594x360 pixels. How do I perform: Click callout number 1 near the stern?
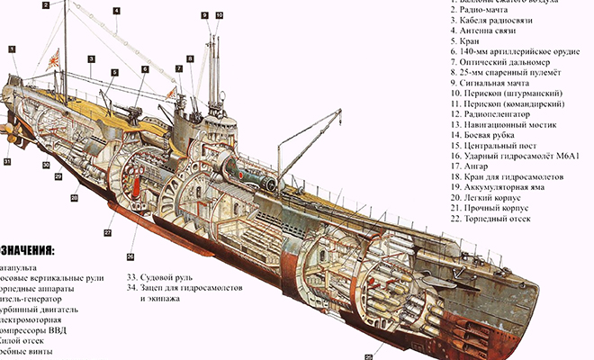tap(13, 47)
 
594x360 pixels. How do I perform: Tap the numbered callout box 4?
tap(116, 12)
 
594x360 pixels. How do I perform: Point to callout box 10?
tap(220, 15)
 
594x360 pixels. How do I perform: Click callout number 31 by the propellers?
tap(6, 161)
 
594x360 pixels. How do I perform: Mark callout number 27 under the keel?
tap(107, 233)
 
